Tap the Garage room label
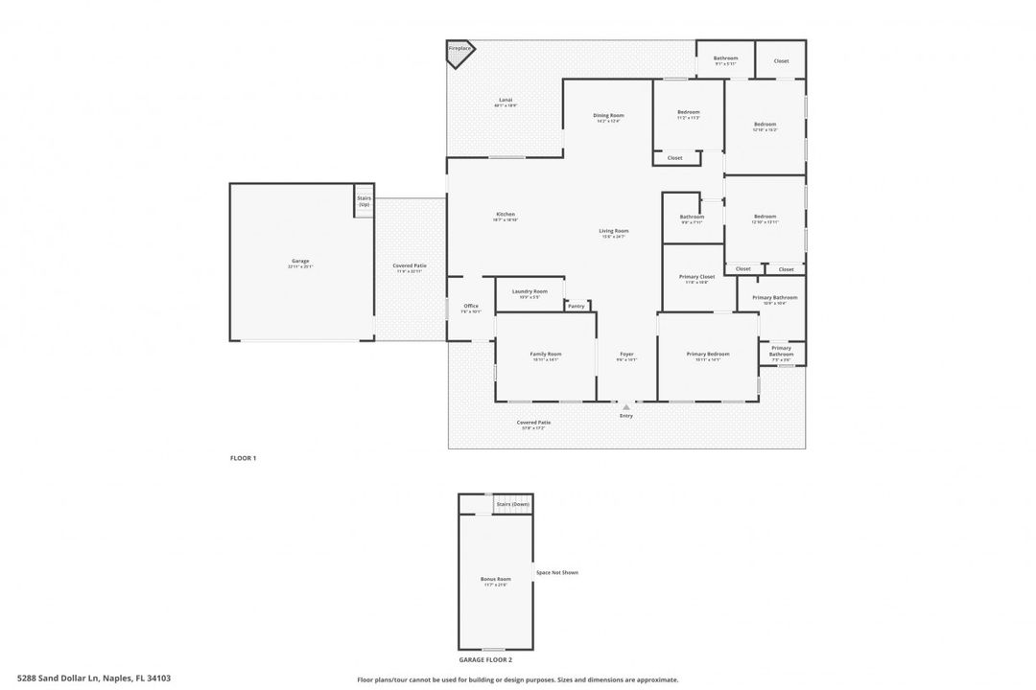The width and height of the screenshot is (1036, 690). pyautogui.click(x=300, y=261)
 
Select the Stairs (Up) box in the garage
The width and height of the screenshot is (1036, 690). pyautogui.click(x=365, y=201)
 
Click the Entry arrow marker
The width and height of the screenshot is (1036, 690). pyautogui.click(x=626, y=407)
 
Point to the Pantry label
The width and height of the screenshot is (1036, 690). pyautogui.click(x=577, y=306)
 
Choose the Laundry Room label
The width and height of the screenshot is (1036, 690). pyautogui.click(x=530, y=291)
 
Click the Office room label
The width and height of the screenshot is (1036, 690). pyautogui.click(x=471, y=307)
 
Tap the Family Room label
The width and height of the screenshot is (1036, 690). pyautogui.click(x=546, y=355)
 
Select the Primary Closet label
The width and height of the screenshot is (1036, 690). pyautogui.click(x=697, y=277)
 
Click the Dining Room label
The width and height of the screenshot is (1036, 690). pyautogui.click(x=608, y=116)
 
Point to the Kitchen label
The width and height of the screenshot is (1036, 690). pyautogui.click(x=506, y=215)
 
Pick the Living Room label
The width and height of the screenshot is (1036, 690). pyautogui.click(x=614, y=231)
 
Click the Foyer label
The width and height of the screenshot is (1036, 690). pyautogui.click(x=626, y=355)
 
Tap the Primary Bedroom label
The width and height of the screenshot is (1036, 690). pyautogui.click(x=708, y=355)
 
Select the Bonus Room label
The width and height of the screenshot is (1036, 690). pyautogui.click(x=496, y=580)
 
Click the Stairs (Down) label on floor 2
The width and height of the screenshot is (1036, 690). pyautogui.click(x=512, y=504)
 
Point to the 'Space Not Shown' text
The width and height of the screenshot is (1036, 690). pyautogui.click(x=557, y=573)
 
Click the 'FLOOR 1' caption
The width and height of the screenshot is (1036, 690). pyautogui.click(x=243, y=459)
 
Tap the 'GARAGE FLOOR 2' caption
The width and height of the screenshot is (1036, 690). pyautogui.click(x=485, y=660)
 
